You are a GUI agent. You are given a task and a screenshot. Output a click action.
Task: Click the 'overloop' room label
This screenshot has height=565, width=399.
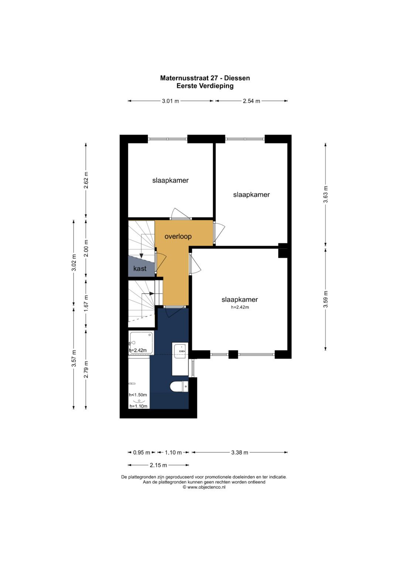click(178, 236)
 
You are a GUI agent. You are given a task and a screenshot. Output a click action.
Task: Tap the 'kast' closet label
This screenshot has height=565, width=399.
click(140, 268)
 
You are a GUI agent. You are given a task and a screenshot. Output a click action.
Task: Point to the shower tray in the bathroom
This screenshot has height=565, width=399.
click(141, 343)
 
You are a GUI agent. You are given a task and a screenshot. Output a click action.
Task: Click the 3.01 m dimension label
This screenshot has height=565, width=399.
click(170, 101)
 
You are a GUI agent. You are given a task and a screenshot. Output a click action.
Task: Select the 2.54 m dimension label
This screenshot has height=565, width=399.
click(251, 101)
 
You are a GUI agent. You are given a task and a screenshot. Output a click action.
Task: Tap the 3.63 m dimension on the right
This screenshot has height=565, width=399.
click(326, 194)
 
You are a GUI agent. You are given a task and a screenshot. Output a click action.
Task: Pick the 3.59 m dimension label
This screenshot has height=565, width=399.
click(326, 299)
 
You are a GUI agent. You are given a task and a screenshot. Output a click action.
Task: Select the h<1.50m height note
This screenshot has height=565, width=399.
click(138, 395)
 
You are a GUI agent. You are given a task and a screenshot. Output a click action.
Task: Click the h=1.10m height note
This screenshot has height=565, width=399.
click(138, 406)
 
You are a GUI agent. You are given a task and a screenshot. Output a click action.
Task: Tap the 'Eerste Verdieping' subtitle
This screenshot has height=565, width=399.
click(205, 86)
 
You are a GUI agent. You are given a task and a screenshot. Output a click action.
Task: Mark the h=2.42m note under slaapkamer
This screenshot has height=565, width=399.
click(240, 307)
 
